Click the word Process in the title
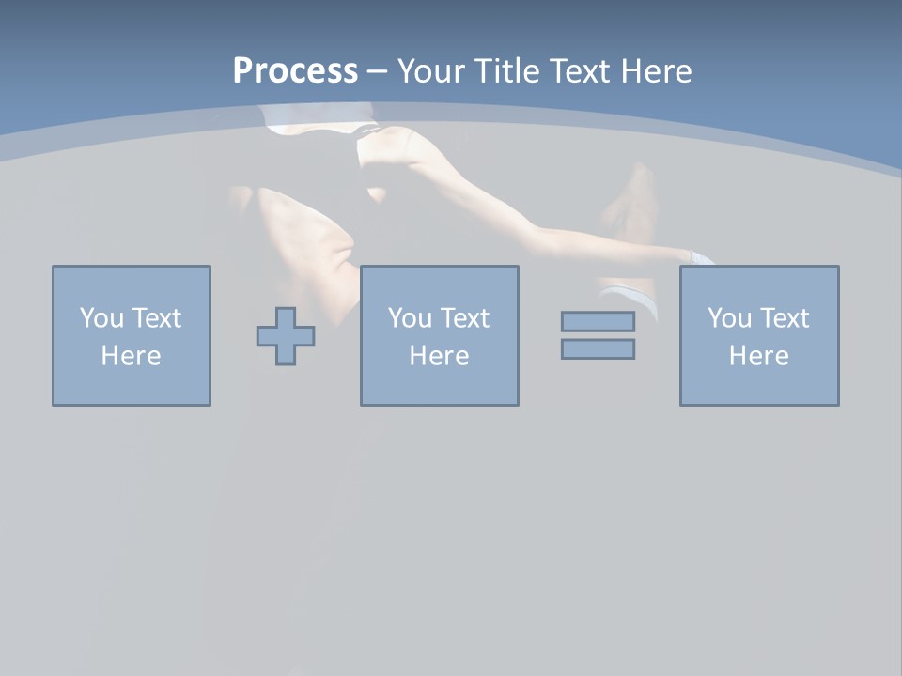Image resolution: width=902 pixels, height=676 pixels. [295, 71]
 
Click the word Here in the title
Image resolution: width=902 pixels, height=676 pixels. [656, 71]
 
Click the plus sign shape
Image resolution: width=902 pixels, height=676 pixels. [286, 335]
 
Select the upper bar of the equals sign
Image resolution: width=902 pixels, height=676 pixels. [598, 321]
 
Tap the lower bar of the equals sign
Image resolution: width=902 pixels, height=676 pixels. [598, 349]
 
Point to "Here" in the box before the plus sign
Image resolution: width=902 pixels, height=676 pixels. [131, 356]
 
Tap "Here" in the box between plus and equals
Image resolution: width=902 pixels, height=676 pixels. [439, 356]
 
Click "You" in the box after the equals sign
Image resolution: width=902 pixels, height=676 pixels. [728, 318]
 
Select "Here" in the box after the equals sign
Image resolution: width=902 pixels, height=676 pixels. [758, 356]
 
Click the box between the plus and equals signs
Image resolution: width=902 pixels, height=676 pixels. [439, 385]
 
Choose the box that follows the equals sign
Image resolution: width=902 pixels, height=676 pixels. [758, 385]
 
